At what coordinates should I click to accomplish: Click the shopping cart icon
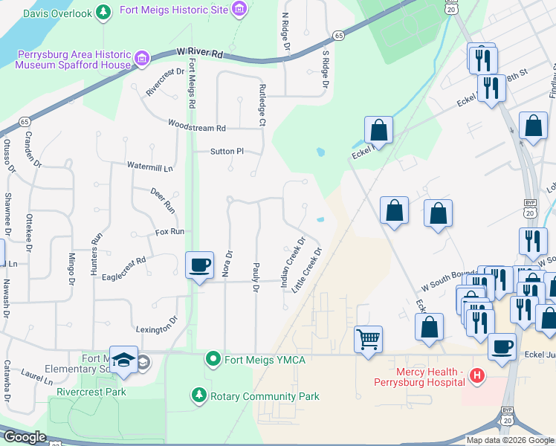(x=369, y=339)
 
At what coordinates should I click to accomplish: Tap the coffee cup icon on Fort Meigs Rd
(x=199, y=265)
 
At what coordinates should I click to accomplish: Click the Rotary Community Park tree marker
(x=198, y=394)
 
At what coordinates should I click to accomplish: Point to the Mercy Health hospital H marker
(x=478, y=378)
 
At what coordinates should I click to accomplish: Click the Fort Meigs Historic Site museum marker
(x=239, y=9)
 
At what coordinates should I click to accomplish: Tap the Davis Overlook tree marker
(x=106, y=12)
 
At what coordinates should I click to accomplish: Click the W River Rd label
(x=201, y=54)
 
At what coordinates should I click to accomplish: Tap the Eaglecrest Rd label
(x=125, y=262)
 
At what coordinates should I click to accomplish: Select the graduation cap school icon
(x=123, y=359)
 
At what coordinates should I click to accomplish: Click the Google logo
(x=24, y=437)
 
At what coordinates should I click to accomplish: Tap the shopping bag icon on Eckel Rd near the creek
(x=378, y=129)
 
